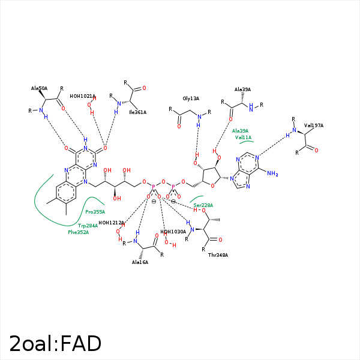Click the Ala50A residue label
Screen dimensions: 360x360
[x=39, y=88]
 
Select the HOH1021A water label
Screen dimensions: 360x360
[x=83, y=96]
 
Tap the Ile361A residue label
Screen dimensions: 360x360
[x=137, y=112]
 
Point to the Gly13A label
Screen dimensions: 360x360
[x=191, y=98]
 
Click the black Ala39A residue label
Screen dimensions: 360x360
[x=243, y=89]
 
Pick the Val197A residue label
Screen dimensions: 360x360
[x=314, y=125]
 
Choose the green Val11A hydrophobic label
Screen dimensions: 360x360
[x=243, y=137]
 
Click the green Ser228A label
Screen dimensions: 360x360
[x=203, y=205]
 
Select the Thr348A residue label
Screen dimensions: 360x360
[x=218, y=255]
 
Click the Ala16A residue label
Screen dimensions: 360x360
[x=140, y=262]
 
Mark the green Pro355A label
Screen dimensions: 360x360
[x=95, y=212]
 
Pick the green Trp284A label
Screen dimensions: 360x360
[x=88, y=226]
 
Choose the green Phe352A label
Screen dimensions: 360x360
[x=78, y=232]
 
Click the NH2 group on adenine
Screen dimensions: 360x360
[x=273, y=174]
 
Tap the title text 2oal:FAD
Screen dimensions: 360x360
[x=55, y=344]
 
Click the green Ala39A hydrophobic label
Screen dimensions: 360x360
[x=240, y=131]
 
